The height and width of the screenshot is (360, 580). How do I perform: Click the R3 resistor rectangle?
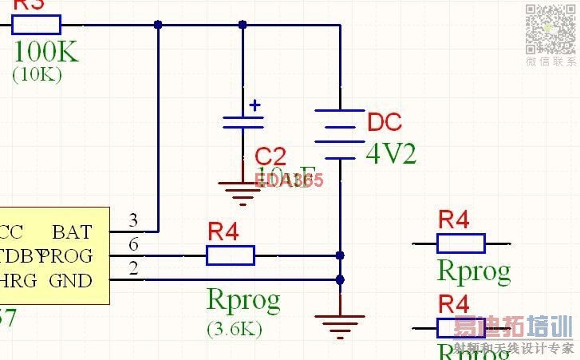pos(37,24)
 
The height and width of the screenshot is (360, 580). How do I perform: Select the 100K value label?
pos(46,52)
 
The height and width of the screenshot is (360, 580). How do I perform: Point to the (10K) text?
pos(37,74)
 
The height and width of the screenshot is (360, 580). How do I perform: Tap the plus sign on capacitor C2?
pos(255,105)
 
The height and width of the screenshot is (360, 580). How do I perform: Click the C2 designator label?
pos(270,156)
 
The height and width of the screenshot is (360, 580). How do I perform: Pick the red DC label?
pos(385,123)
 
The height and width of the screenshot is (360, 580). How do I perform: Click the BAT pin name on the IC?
pos(72,232)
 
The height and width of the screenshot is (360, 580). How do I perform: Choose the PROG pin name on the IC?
pos(72,256)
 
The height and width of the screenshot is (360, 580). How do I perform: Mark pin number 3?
pos(133,220)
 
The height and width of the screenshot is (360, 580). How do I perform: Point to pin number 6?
pos(133,243)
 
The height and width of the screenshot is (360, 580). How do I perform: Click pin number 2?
pos(133,268)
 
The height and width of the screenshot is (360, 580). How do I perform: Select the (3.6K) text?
pos(235,327)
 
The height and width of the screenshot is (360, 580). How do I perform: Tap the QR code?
pos(550,29)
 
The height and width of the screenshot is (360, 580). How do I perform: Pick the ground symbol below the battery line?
pos(340,321)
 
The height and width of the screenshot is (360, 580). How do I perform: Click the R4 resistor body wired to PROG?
pos(231,255)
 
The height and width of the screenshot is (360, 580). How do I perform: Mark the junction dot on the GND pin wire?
pos(340,280)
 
